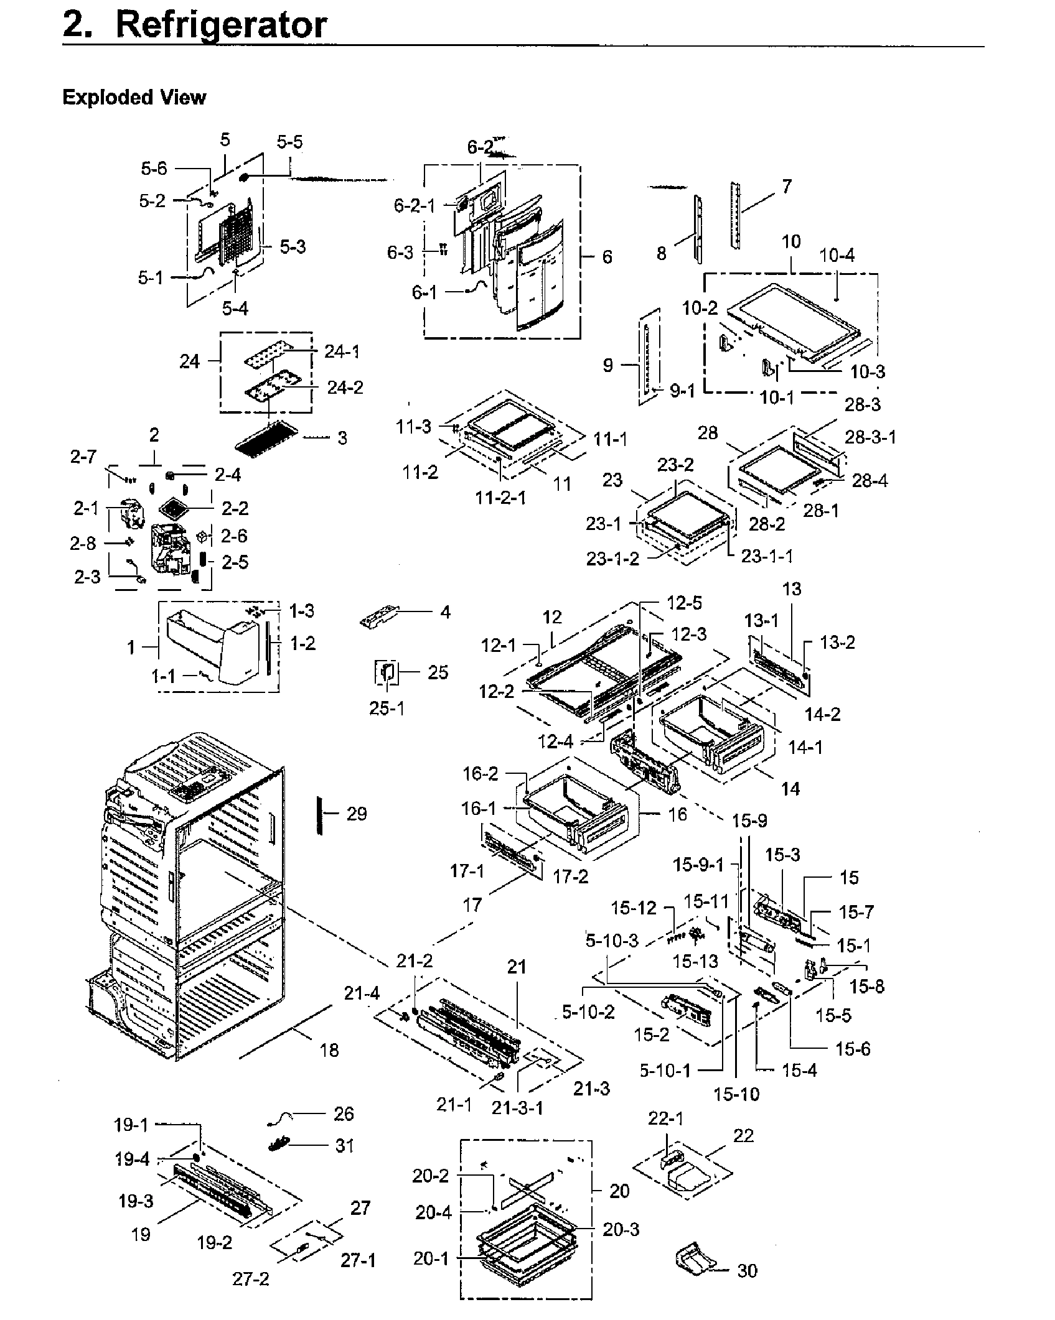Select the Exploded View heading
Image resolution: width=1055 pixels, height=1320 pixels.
134,98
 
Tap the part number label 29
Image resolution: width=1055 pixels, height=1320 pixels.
357,814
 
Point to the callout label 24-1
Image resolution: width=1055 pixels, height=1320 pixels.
342,352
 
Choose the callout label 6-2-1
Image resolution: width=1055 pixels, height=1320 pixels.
415,205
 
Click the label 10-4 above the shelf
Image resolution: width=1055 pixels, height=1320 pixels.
837,255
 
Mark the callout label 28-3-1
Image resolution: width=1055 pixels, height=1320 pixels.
870,437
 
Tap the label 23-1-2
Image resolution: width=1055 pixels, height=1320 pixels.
612,559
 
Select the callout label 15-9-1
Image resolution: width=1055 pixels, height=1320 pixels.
698,865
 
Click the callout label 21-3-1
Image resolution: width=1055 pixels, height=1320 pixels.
517,1108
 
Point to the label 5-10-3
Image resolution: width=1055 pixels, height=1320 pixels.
612,941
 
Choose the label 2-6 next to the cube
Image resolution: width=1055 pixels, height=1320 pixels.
234,536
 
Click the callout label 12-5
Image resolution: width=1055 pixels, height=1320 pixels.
685,603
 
